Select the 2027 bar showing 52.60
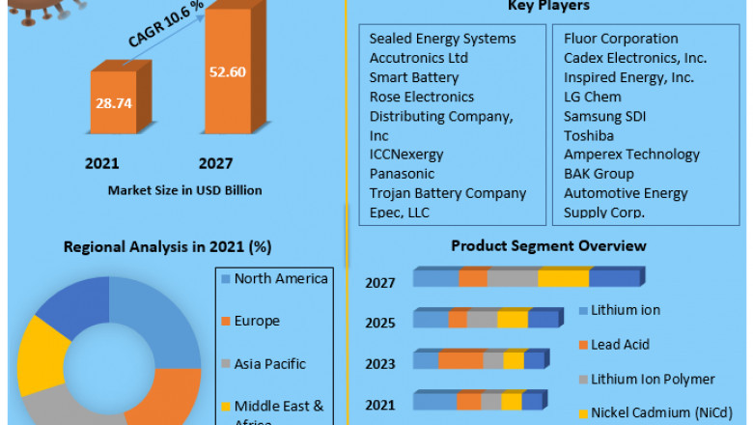pyautogui.click(x=228, y=71)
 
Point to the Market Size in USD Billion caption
pyautogui.click(x=185, y=189)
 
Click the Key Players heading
pyautogui.click(x=548, y=7)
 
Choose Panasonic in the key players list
pyautogui.click(x=403, y=174)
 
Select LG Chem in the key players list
pyautogui.click(x=593, y=97)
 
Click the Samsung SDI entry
pyautogui.click(x=605, y=116)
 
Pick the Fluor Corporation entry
pyautogui.click(x=621, y=39)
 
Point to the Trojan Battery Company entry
pyautogui.click(x=448, y=193)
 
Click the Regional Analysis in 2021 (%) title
pyautogui.click(x=167, y=246)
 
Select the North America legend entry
pyautogui.click(x=281, y=279)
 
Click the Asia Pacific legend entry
pyautogui.click(x=269, y=364)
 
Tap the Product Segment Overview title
pyautogui.click(x=548, y=246)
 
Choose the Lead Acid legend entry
pyautogui.click(x=620, y=345)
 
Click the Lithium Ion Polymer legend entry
pyautogui.click(x=653, y=380)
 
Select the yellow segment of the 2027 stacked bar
pyautogui.click(x=563, y=278)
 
